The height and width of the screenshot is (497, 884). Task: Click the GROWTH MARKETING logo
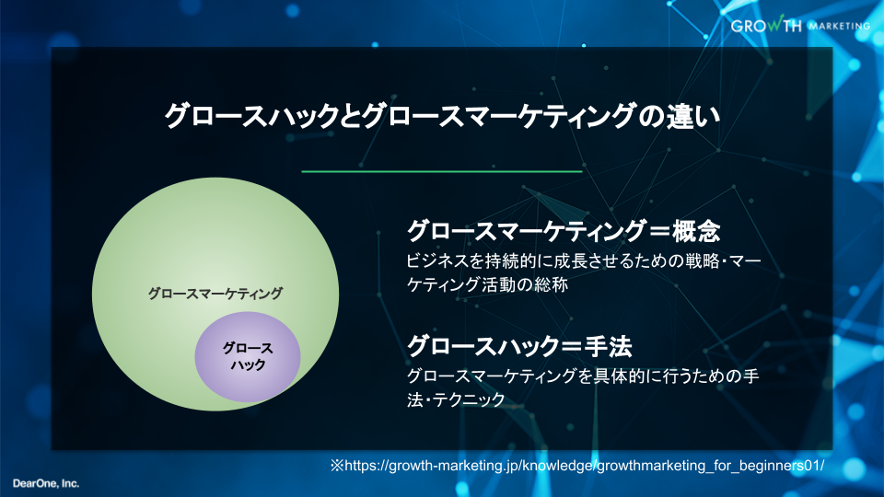800,25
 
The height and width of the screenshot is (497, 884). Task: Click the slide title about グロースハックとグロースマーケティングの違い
442,116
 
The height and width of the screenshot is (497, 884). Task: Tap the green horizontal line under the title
442,171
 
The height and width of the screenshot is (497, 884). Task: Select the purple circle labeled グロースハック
248,357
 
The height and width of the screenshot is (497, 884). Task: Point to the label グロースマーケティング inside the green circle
215,294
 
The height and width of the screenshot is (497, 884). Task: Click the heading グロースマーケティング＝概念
564,231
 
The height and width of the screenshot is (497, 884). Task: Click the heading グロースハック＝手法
519,345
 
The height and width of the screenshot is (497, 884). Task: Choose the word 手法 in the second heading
609,345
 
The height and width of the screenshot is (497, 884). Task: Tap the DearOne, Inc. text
46,483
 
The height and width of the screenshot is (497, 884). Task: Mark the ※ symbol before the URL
337,466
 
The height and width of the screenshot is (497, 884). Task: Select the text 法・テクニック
456,399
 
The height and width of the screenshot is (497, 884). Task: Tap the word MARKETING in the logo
840,26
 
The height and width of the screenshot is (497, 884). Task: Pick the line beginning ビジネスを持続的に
584,260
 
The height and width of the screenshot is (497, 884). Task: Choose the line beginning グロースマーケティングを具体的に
583,376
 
